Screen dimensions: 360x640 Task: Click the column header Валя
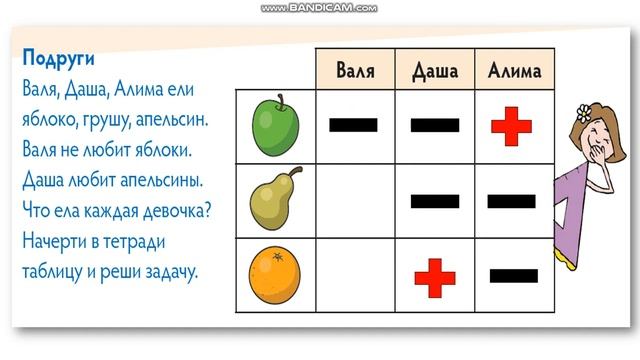tap(355, 70)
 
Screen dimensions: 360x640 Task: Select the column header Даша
tap(435, 70)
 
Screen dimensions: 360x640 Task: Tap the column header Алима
tap(514, 70)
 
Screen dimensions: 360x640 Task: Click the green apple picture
tap(273, 125)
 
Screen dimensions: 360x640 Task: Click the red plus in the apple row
tap(513, 125)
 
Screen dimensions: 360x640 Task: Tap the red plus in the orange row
tap(435, 277)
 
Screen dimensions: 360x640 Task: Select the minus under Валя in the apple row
tap(354, 125)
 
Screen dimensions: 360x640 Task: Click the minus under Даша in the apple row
tap(435, 125)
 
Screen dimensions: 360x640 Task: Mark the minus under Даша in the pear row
tap(435, 201)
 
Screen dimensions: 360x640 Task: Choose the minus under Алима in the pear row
tap(512, 201)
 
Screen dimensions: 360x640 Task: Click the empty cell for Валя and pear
tap(355, 201)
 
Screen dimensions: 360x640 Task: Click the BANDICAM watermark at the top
tap(319, 7)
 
